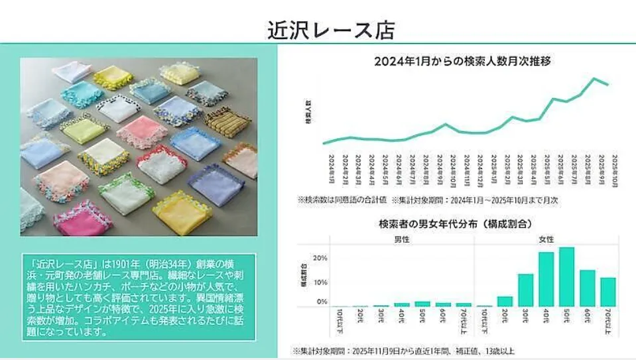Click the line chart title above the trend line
coord(464,61)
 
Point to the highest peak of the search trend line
coord(595,79)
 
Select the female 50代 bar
coord(566,276)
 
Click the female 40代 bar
coord(546,279)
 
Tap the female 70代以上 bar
coord(607,292)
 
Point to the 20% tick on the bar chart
coord(320,259)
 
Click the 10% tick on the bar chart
coord(320,282)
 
